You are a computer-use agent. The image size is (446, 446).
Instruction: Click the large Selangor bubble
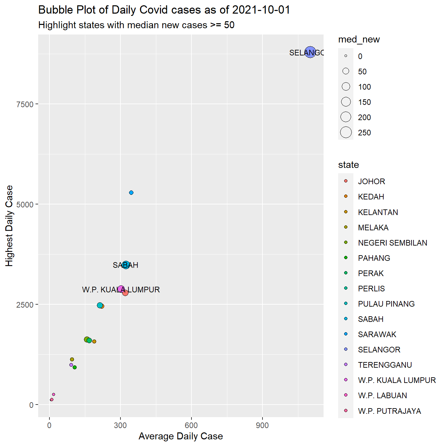click(x=310, y=52)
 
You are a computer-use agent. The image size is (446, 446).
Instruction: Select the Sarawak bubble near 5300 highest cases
click(x=131, y=193)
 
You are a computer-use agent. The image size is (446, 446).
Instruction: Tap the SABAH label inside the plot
click(x=125, y=265)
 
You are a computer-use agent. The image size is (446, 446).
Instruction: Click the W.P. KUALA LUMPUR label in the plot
click(x=121, y=290)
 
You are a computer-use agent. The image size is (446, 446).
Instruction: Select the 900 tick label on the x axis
click(x=262, y=425)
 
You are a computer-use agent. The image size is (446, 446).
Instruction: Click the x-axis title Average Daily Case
click(x=181, y=436)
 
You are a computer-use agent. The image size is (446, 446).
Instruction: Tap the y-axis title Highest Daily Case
click(x=9, y=226)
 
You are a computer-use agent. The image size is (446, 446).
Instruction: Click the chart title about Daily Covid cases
click(x=164, y=10)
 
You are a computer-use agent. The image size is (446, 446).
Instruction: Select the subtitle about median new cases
click(x=136, y=25)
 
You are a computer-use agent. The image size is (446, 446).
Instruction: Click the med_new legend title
click(x=359, y=39)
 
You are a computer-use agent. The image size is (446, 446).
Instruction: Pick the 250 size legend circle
click(x=346, y=132)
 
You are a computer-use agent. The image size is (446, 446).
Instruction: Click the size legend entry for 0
click(x=346, y=56)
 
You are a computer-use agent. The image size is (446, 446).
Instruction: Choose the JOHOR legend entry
click(x=371, y=182)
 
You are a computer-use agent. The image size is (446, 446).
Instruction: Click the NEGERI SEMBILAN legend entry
click(x=392, y=243)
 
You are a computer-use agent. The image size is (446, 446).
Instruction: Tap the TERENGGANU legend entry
click(x=385, y=365)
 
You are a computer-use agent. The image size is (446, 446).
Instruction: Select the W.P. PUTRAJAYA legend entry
click(x=389, y=411)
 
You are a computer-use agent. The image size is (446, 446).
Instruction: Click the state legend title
click(x=348, y=165)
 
